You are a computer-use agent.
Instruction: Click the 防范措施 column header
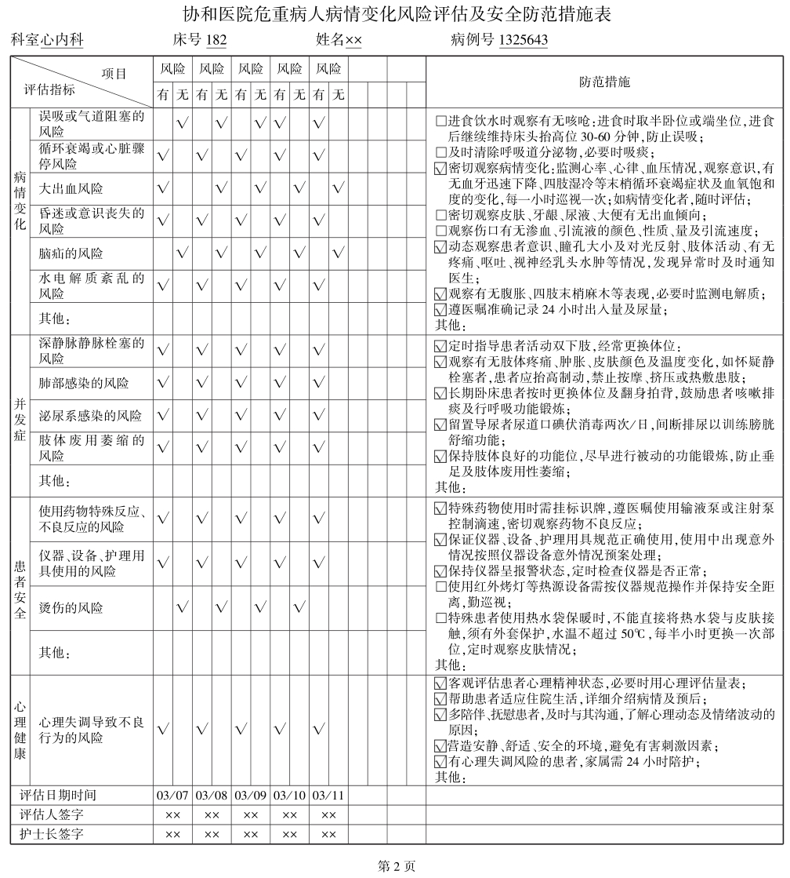pyautogui.click(x=604, y=82)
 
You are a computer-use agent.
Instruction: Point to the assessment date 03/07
pyautogui.click(x=172, y=794)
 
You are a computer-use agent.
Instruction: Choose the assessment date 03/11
pyautogui.click(x=328, y=794)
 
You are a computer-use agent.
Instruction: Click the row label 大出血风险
pyautogui.click(x=71, y=189)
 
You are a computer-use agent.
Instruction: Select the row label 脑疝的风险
pyautogui.click(x=71, y=253)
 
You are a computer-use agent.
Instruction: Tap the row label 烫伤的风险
pyautogui.click(x=71, y=608)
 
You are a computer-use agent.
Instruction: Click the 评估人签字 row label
pyautogui.click(x=52, y=814)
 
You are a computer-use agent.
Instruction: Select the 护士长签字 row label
pyautogui.click(x=52, y=834)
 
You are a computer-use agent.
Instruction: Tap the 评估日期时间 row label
pyautogui.click(x=57, y=794)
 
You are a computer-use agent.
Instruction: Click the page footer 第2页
pyautogui.click(x=396, y=866)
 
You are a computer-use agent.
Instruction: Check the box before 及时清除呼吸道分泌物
pyautogui.click(x=440, y=152)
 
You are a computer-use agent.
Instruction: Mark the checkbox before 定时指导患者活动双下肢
pyautogui.click(x=440, y=347)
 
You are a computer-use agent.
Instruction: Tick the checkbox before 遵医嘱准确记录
pyautogui.click(x=440, y=310)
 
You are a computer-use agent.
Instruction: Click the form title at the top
pyautogui.click(x=396, y=14)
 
